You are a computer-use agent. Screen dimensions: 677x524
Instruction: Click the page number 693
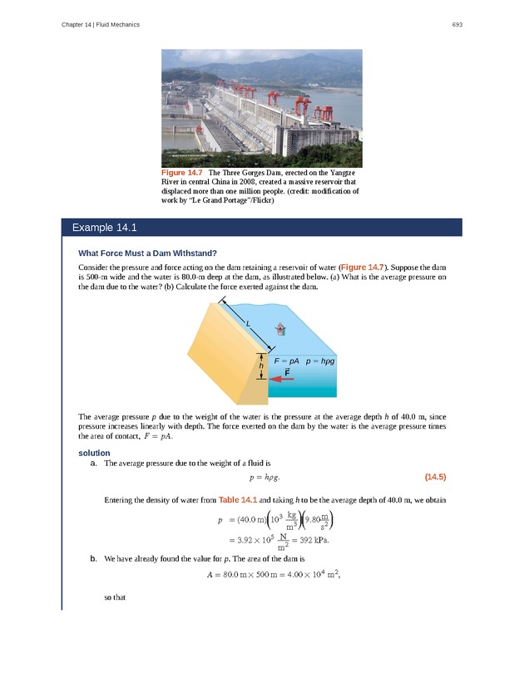(x=457, y=25)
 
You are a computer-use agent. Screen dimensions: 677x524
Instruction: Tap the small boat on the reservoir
(x=281, y=329)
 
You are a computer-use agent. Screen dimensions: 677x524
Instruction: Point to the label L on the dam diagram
(x=248, y=322)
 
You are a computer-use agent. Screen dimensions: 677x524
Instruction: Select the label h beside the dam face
(x=260, y=366)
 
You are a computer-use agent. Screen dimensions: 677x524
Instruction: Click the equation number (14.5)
(x=435, y=477)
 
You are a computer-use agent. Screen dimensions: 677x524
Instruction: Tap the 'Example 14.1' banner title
(x=103, y=228)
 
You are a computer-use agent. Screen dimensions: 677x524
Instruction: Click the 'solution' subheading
(x=94, y=453)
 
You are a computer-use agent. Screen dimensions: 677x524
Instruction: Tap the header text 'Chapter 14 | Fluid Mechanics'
(x=101, y=25)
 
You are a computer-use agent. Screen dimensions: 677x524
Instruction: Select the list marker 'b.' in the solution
(x=94, y=558)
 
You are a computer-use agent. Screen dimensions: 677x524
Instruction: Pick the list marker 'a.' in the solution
(x=94, y=464)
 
